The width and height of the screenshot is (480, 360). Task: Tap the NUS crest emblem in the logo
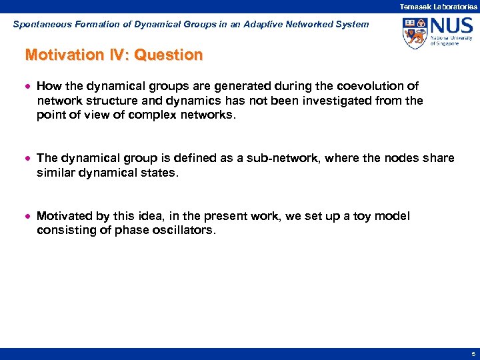tap(415, 33)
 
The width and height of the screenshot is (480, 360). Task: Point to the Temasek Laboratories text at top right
tap(438, 6)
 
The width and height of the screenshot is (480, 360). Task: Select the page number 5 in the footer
tap(472, 354)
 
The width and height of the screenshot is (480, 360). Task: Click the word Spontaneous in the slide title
tap(39, 24)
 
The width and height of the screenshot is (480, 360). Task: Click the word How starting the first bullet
tap(47, 86)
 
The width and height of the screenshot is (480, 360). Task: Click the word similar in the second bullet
tap(55, 172)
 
